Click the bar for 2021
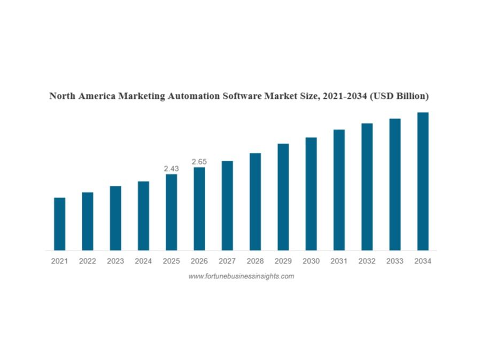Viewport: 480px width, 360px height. (x=59, y=224)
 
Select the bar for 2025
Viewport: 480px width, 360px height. (x=171, y=212)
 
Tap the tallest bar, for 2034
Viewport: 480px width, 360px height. (x=423, y=181)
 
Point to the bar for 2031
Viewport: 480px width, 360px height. (x=339, y=190)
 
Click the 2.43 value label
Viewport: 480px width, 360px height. (x=171, y=168)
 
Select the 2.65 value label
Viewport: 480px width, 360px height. (x=199, y=161)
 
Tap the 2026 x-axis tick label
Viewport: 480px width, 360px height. (x=199, y=261)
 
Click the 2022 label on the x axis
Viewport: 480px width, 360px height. (x=88, y=261)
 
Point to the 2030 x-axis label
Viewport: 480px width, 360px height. (x=311, y=261)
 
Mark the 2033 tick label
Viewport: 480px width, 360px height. (x=394, y=261)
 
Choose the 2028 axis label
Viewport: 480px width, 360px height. (x=255, y=261)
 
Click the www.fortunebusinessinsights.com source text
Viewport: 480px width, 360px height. (x=241, y=276)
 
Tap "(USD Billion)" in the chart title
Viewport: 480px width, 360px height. (x=399, y=97)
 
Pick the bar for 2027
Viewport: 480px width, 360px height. (x=227, y=206)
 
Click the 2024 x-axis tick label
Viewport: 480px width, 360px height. (x=143, y=261)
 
